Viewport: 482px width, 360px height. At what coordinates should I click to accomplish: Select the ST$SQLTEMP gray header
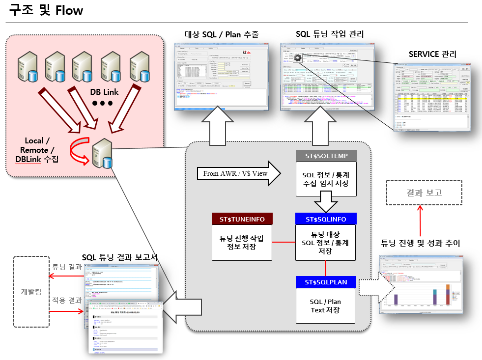click(326, 156)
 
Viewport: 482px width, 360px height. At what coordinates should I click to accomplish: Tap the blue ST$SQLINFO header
click(326, 219)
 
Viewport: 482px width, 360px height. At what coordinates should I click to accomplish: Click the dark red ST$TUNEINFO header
click(242, 219)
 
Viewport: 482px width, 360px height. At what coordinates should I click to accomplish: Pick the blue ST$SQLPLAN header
click(326, 282)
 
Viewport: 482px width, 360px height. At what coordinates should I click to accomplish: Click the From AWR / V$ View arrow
click(238, 173)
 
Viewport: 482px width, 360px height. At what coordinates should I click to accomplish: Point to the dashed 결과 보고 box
click(424, 193)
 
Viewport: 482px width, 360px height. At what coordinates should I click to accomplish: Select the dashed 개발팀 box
click(32, 291)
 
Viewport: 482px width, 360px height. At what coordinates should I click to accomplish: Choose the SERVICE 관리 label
click(432, 54)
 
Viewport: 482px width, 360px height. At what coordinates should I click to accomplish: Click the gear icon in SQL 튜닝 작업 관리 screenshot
click(298, 57)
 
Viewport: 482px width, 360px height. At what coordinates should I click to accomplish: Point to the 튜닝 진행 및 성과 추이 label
click(421, 243)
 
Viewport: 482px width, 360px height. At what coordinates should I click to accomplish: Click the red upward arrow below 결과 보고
click(420, 220)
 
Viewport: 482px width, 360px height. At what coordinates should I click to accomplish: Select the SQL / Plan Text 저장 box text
click(326, 305)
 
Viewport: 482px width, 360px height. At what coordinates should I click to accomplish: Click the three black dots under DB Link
click(102, 103)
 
